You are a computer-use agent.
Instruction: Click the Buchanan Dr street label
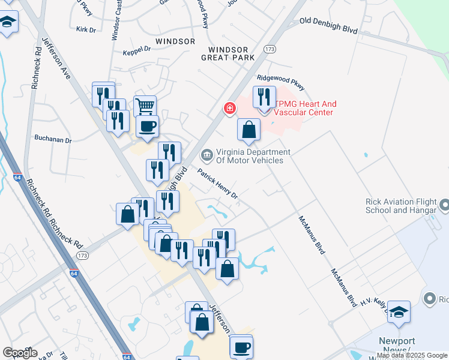tap(53, 140)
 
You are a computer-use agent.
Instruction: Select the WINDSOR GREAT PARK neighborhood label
tap(232, 53)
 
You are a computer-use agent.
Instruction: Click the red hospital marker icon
tap(229, 109)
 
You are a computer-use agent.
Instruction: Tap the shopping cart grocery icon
tap(145, 106)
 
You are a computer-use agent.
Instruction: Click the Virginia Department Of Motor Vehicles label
tap(253, 156)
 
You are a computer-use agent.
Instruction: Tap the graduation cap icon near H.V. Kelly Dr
tap(399, 311)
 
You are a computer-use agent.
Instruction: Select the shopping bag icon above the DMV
tap(249, 129)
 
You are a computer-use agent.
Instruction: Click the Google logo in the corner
tap(20, 353)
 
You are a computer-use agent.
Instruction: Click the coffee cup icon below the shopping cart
tap(147, 126)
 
